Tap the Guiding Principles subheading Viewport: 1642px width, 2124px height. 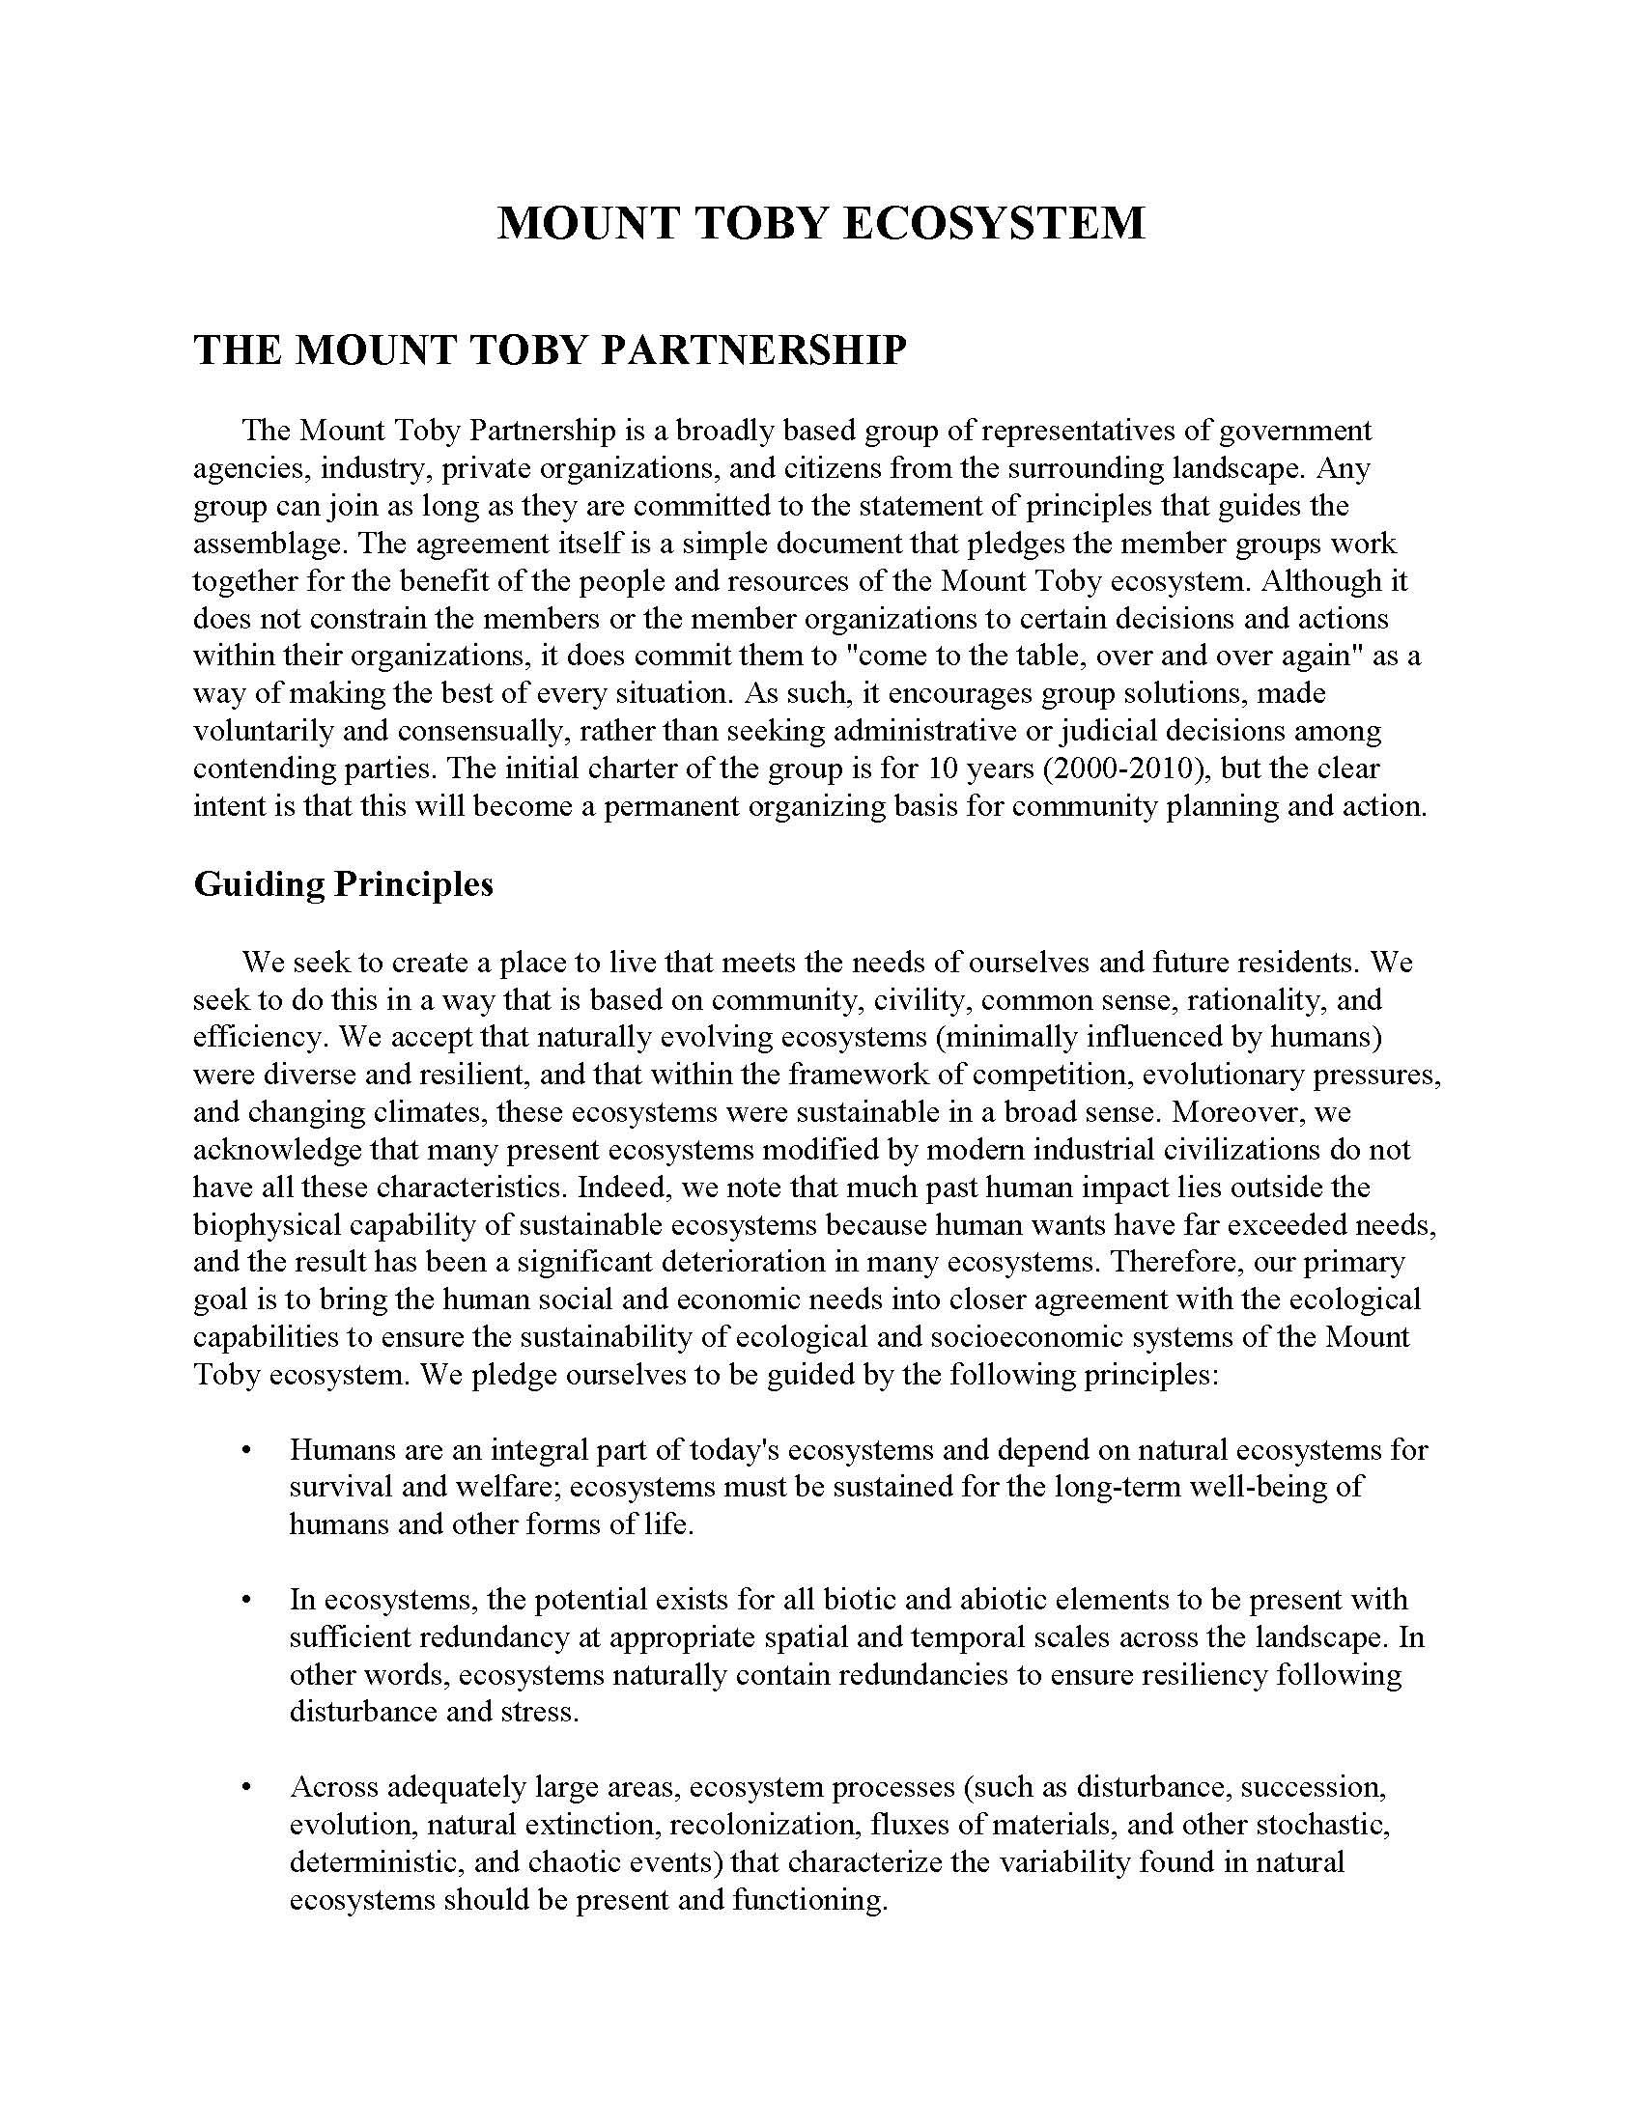tap(344, 883)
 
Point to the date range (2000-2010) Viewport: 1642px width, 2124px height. tap(1125, 769)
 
